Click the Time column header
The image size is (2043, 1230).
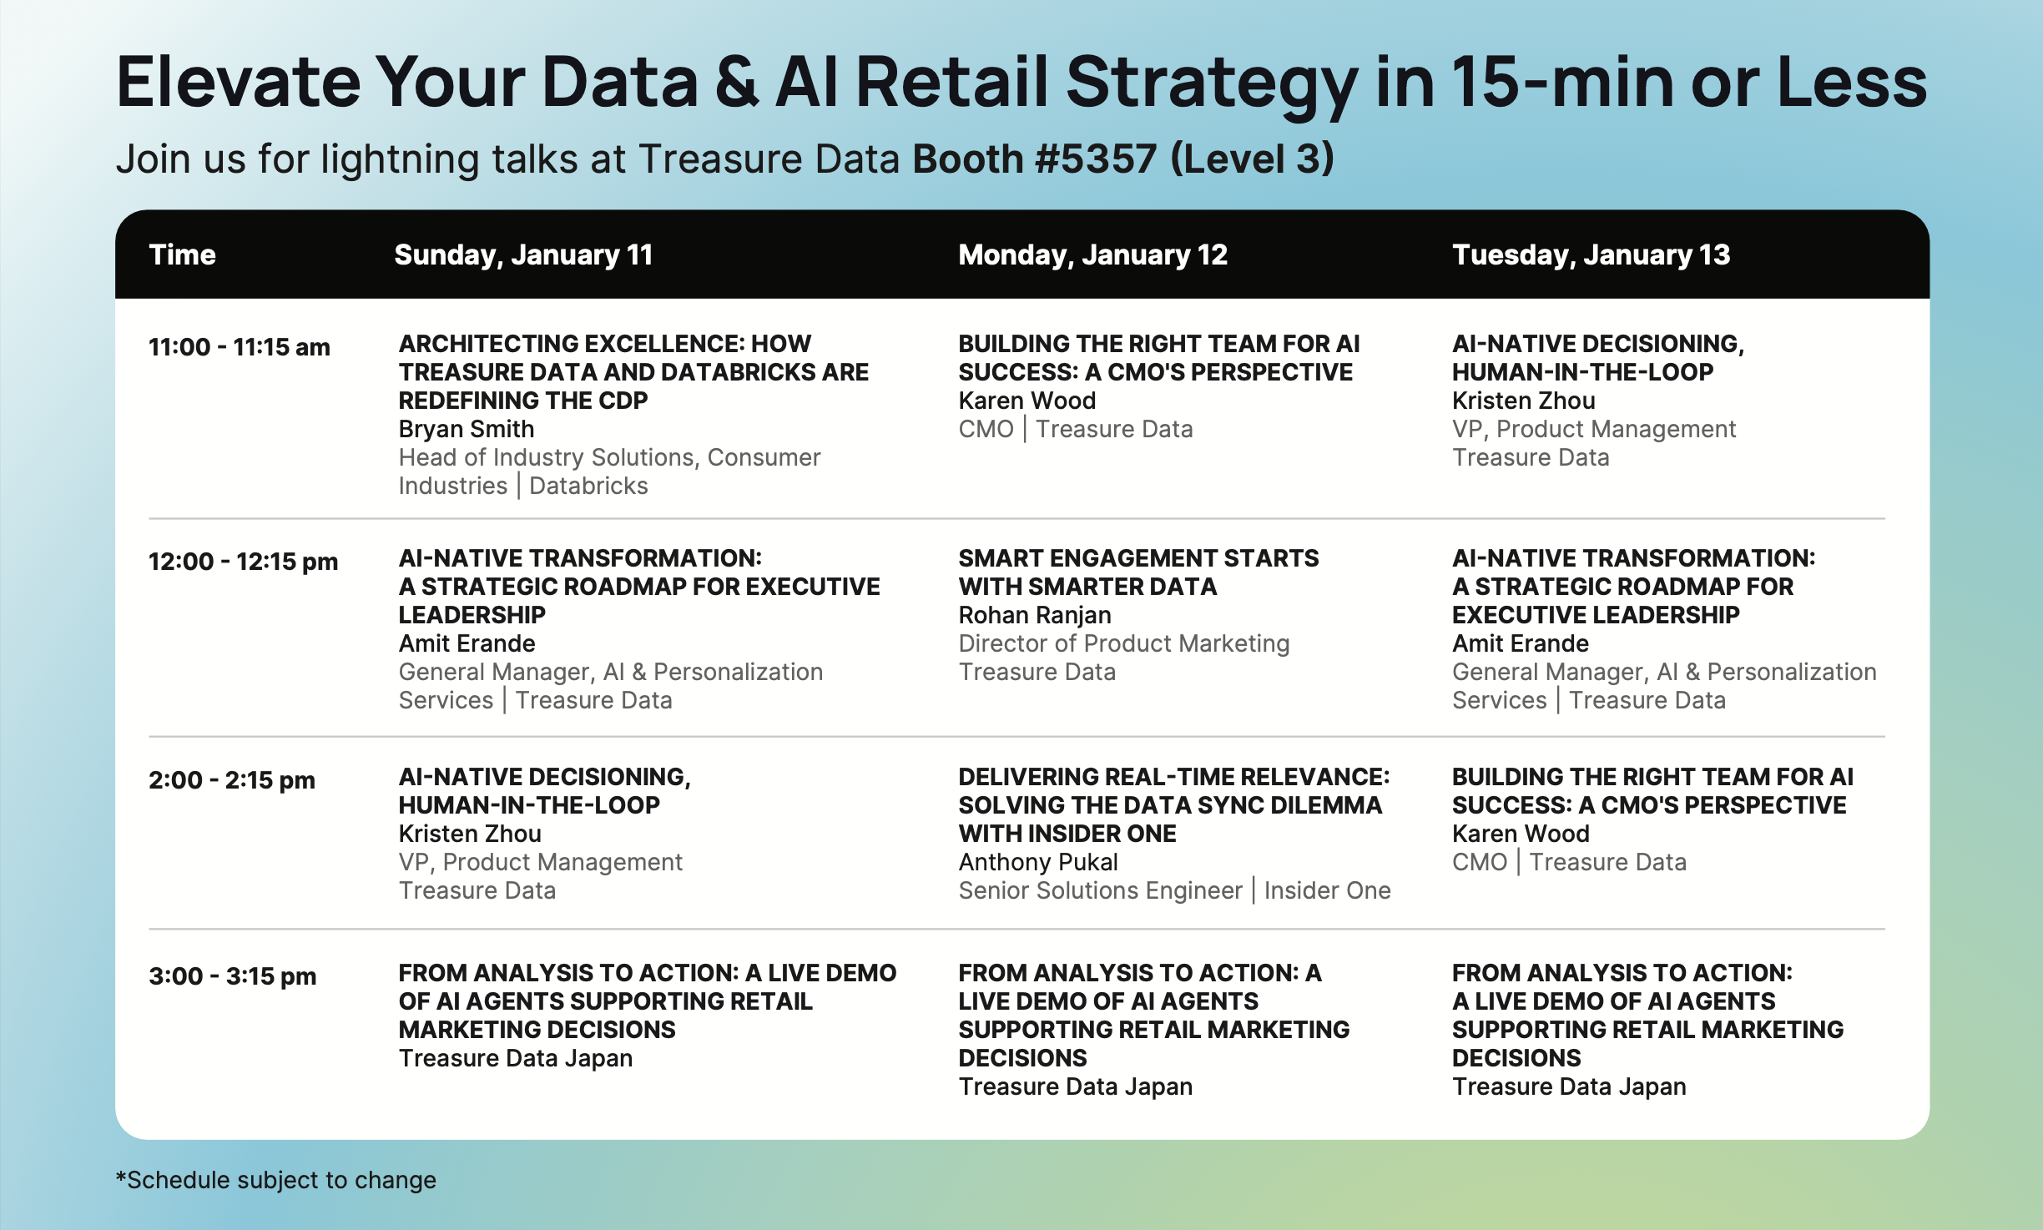click(182, 255)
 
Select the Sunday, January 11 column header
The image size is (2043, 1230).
click(523, 255)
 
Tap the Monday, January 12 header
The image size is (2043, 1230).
click(1092, 255)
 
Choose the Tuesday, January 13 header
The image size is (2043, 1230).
click(1591, 255)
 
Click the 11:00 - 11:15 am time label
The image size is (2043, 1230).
click(240, 347)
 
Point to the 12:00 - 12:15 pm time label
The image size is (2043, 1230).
click(243, 562)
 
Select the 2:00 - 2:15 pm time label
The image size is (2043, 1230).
click(232, 780)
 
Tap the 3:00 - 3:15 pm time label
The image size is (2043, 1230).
click(233, 976)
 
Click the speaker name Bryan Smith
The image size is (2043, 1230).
click(467, 429)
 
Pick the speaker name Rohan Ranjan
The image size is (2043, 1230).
click(1035, 616)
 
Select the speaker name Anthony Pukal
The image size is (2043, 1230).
click(1038, 862)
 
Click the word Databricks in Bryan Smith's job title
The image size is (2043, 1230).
click(588, 486)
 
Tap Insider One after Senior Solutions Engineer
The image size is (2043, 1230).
click(1327, 890)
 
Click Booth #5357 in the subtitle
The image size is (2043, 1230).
click(1035, 159)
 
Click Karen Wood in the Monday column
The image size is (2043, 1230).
click(1027, 401)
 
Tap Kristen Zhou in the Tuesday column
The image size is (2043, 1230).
click(1523, 401)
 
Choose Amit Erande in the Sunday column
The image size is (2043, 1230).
click(467, 643)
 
